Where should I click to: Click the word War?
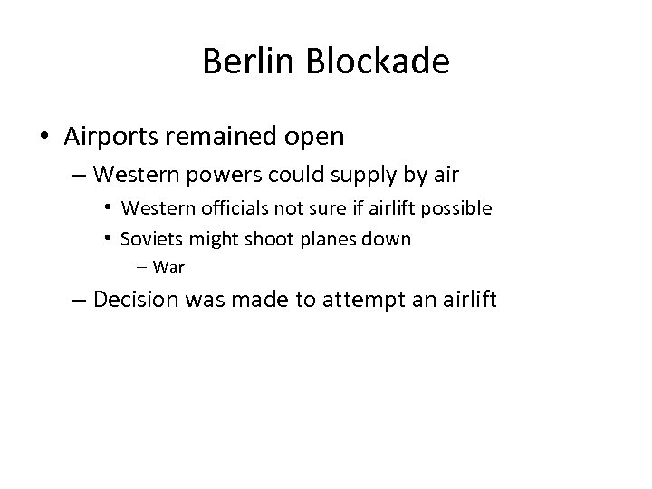[169, 266]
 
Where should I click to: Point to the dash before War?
[145, 267]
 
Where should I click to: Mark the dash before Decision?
[80, 301]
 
